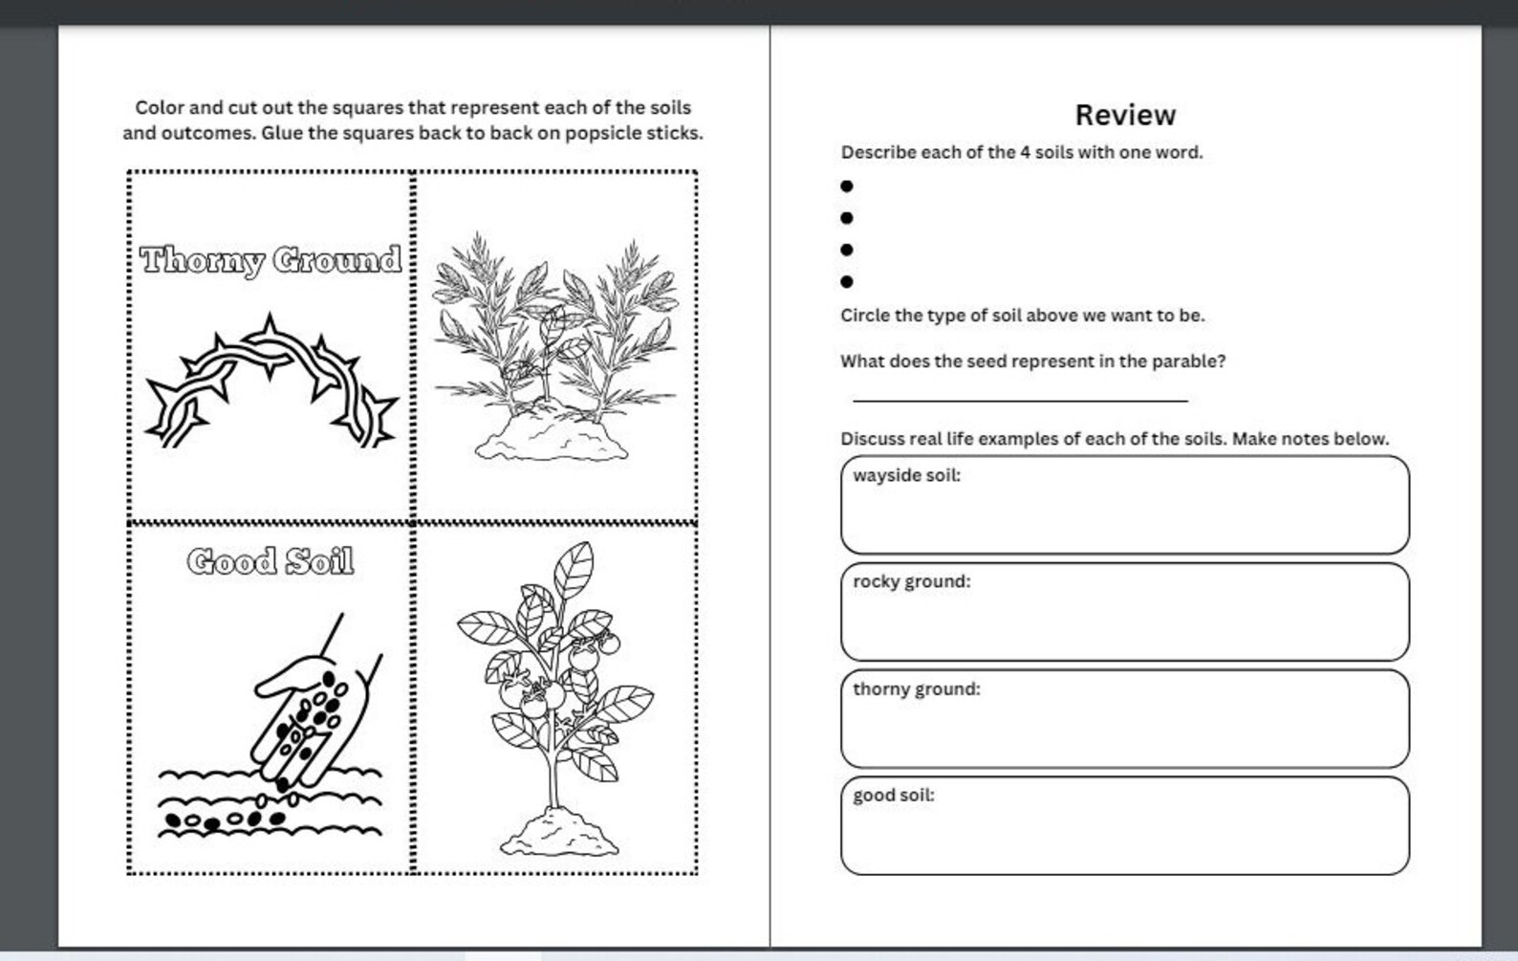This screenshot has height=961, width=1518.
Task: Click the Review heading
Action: (1125, 115)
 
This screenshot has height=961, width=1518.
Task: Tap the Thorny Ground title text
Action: (271, 260)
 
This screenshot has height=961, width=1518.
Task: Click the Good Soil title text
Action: (271, 561)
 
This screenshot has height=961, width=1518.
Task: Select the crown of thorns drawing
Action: (271, 382)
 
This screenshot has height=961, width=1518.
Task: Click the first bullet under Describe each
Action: (847, 186)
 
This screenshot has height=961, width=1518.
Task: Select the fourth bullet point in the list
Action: (847, 281)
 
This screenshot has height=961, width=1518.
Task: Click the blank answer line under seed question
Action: (1019, 400)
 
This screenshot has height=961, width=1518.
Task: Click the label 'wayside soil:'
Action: (906, 475)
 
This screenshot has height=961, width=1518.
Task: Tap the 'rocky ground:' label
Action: (911, 581)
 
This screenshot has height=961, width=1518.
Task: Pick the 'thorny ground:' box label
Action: (916, 688)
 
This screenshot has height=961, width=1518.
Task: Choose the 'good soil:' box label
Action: (893, 795)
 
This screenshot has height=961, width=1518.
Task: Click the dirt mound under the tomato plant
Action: (558, 833)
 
